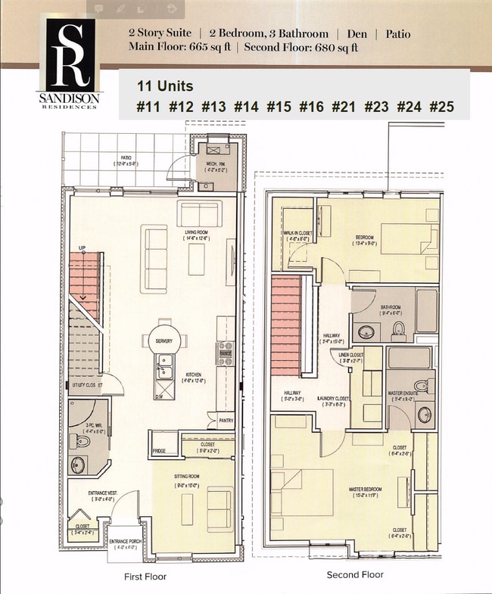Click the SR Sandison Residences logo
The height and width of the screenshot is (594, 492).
pos(71,64)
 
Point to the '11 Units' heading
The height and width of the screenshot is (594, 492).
pos(164,86)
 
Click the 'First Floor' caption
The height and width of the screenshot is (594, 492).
pos(145,577)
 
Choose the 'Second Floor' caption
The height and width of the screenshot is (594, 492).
pos(355,575)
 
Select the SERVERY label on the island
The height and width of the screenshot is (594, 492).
pos(163,341)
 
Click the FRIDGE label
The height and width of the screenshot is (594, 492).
pos(159,451)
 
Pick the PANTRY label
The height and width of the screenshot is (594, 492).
pos(225,421)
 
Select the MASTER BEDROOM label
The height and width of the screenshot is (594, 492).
pos(365,490)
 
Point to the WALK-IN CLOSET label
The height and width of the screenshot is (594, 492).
pos(294,235)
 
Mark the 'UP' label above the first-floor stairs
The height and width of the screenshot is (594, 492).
pos(82,247)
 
